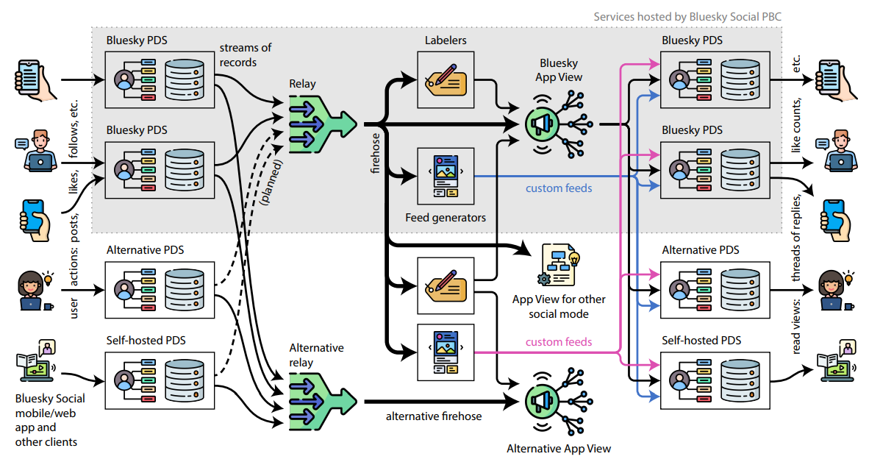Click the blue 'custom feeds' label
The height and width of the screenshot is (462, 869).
(x=559, y=188)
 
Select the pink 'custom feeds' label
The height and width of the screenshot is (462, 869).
(x=559, y=341)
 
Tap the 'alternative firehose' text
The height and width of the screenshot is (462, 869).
(x=434, y=416)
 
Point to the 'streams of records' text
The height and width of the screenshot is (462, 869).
(x=245, y=54)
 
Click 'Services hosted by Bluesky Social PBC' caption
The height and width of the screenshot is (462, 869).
(x=692, y=15)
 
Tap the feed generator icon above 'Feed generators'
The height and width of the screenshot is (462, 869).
(x=446, y=177)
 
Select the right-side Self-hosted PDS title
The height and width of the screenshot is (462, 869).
(x=701, y=341)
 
